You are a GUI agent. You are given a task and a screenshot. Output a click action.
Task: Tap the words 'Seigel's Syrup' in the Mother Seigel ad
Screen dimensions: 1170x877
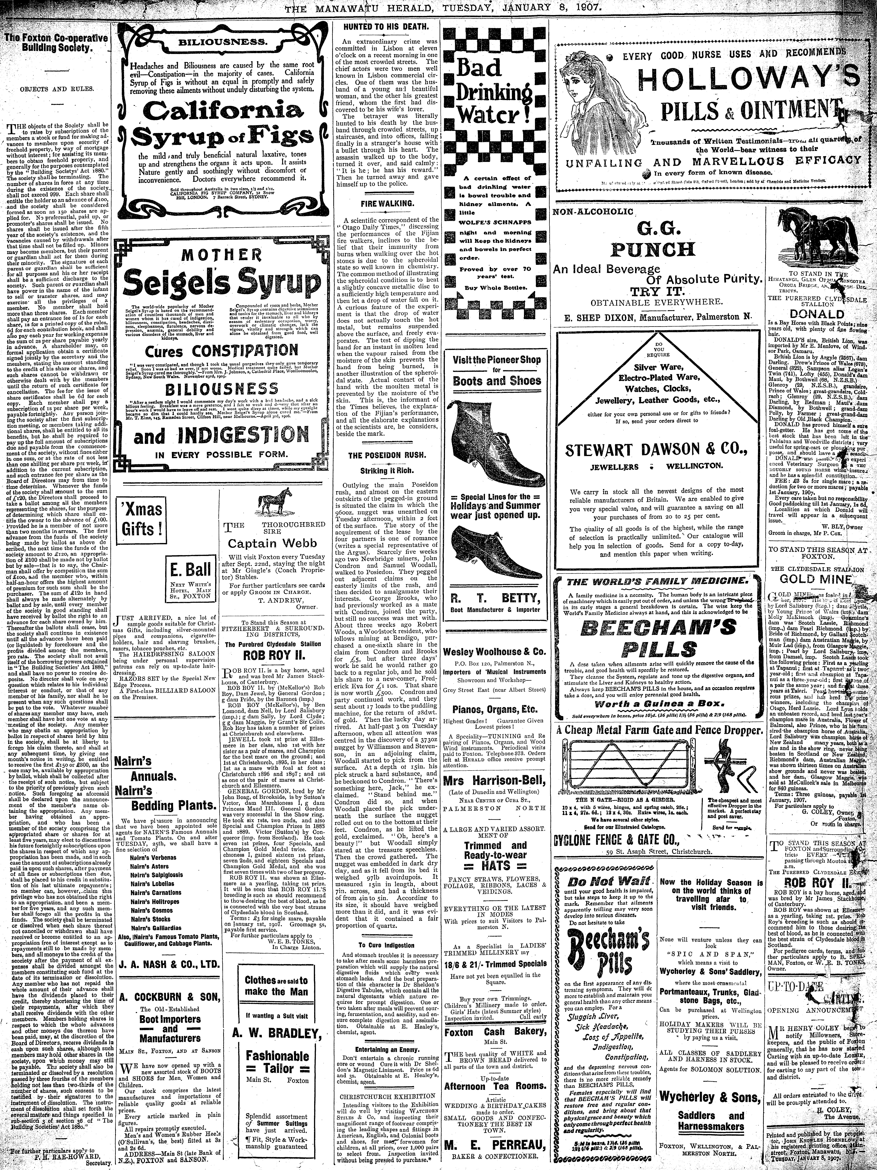pyautogui.click(x=222, y=286)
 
